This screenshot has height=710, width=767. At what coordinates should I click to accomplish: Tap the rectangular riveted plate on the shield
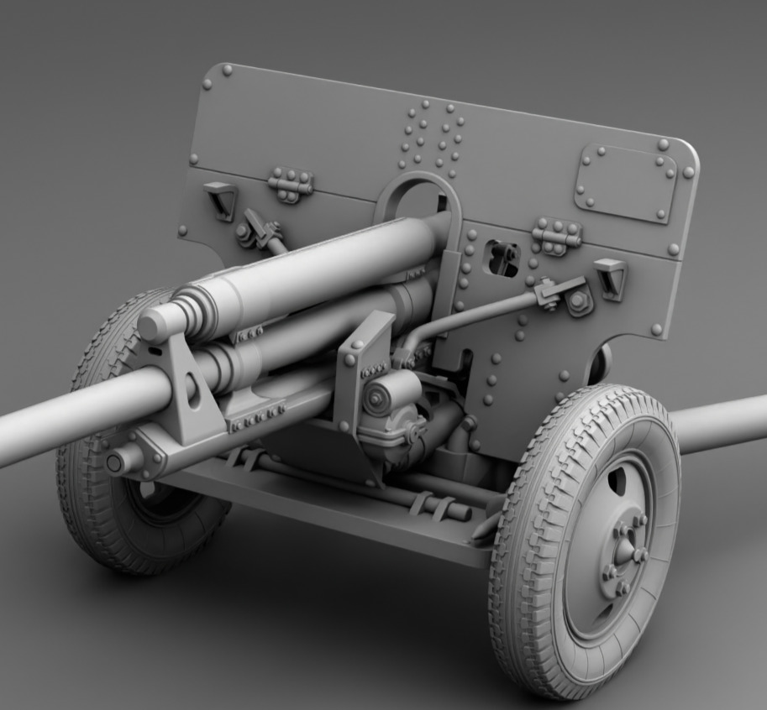click(x=625, y=183)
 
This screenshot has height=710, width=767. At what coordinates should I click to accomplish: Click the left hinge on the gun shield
click(x=291, y=185)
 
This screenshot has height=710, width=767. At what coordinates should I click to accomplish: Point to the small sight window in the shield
click(x=504, y=258)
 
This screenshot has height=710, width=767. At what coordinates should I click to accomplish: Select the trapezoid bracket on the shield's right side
click(x=610, y=278)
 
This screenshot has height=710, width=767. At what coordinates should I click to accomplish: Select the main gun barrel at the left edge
click(x=34, y=428)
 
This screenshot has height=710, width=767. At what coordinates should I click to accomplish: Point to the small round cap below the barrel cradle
click(x=113, y=462)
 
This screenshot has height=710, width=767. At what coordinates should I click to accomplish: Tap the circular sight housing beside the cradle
click(x=377, y=399)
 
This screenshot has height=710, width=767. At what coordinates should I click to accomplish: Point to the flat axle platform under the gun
click(x=336, y=512)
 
